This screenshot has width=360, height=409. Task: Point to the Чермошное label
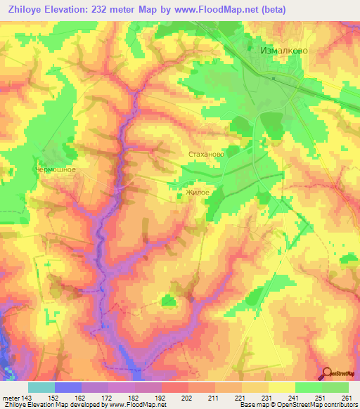[x=56, y=169]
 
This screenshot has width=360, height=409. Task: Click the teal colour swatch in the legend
[x=41, y=387]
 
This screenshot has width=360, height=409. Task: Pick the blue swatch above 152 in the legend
[x=68, y=387]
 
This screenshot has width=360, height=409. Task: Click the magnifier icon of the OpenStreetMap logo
[x=326, y=373]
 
